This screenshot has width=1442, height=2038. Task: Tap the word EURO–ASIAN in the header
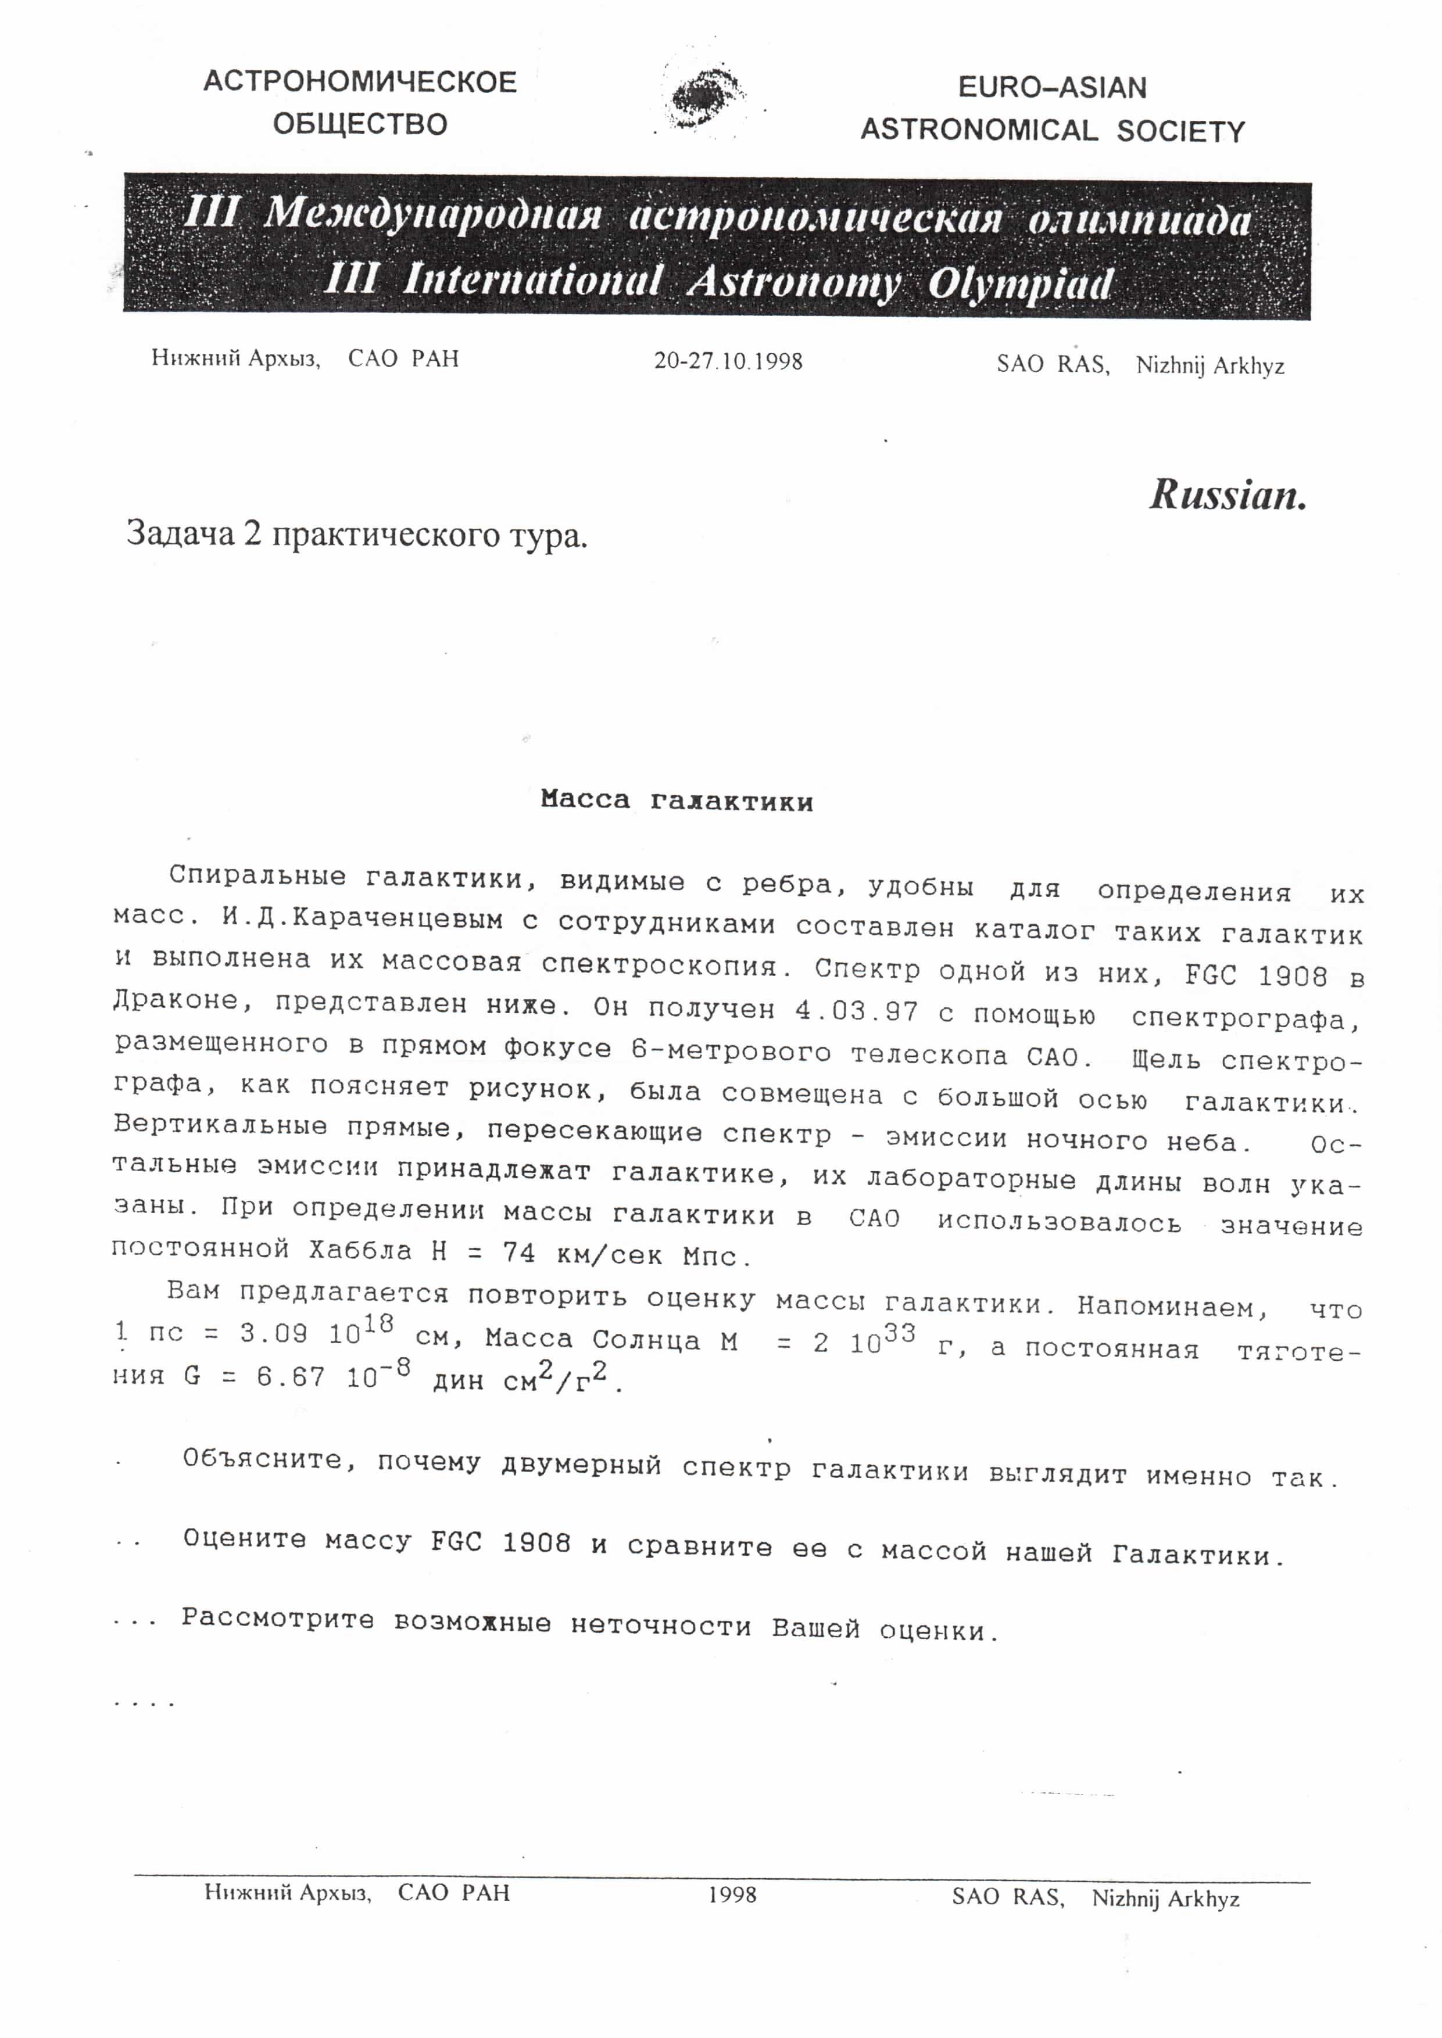pyautogui.click(x=1052, y=88)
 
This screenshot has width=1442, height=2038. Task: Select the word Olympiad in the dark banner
pyautogui.click(x=1019, y=285)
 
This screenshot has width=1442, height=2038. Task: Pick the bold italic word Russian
pyautogui.click(x=1228, y=494)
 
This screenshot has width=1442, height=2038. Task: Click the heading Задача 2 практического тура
pyautogui.click(x=357, y=534)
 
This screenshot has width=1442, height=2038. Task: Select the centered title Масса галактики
pyautogui.click(x=677, y=801)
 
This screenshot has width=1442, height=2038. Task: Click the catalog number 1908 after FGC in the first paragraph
pyautogui.click(x=1293, y=975)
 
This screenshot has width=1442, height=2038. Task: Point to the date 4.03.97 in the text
pyautogui.click(x=856, y=1010)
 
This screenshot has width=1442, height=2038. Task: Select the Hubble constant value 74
pyautogui.click(x=518, y=1253)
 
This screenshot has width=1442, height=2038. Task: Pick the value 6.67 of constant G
pyautogui.click(x=291, y=1377)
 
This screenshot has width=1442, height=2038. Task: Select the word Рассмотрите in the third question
pyautogui.click(x=278, y=1618)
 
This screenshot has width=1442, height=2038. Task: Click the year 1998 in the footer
pyautogui.click(x=732, y=1894)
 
